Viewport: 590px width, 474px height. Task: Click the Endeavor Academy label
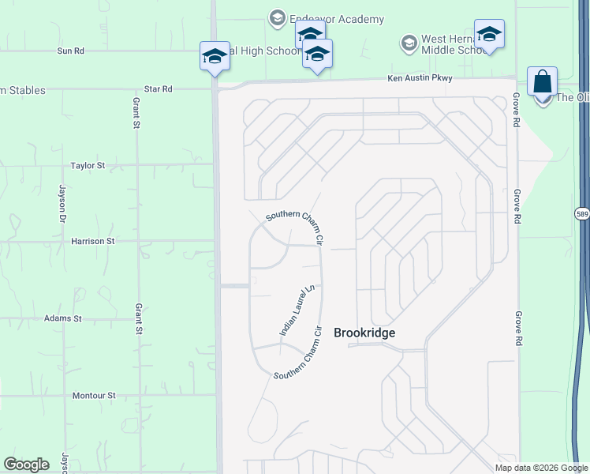pyautogui.click(x=337, y=19)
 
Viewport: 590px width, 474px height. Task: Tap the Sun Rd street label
pyautogui.click(x=70, y=51)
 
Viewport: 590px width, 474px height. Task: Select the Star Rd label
pyautogui.click(x=158, y=89)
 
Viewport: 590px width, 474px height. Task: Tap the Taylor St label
pyautogui.click(x=88, y=166)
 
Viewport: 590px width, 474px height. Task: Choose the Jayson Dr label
pyautogui.click(x=62, y=203)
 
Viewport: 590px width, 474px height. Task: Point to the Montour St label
pyautogui.click(x=94, y=395)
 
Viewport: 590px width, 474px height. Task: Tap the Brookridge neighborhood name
pyautogui.click(x=364, y=333)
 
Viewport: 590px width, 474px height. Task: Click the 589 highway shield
pyautogui.click(x=582, y=213)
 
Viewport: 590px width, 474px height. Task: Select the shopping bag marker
pyautogui.click(x=542, y=82)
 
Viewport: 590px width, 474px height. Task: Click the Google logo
pyautogui.click(x=26, y=465)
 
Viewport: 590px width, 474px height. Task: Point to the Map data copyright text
pyautogui.click(x=540, y=468)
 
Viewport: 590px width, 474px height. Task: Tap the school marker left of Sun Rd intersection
pyautogui.click(x=215, y=56)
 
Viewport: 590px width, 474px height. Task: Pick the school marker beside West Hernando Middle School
pyautogui.click(x=489, y=34)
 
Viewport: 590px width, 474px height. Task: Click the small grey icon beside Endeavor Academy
pyautogui.click(x=277, y=17)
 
